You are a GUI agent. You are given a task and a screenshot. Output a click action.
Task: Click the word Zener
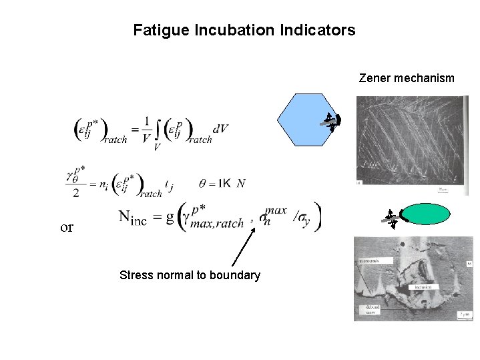coord(374,78)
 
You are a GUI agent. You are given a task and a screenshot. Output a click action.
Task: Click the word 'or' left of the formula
coord(67,227)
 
